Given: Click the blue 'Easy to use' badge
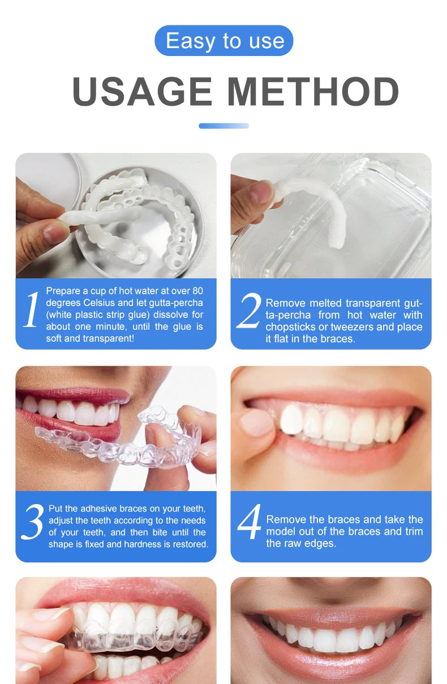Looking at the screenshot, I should point(224,41).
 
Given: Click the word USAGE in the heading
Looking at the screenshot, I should point(141,92).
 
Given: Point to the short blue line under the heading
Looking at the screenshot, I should point(223,126).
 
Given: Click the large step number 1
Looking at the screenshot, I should point(31,310).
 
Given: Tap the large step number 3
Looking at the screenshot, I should point(32,522).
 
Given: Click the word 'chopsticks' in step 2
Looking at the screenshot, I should point(290,327).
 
